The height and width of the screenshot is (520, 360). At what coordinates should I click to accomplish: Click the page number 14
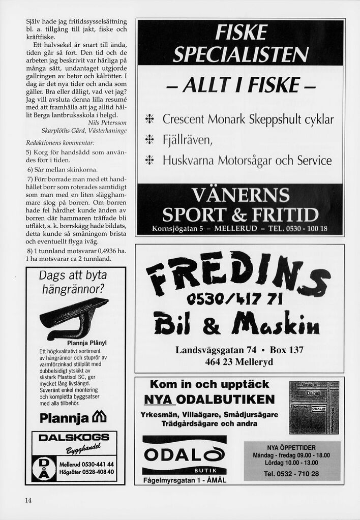coord(28,500)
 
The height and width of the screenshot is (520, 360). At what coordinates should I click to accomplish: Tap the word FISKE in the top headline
coord(241,33)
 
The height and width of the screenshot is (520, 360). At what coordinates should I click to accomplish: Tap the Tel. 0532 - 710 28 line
coord(291,474)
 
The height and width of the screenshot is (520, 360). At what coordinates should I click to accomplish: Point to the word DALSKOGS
coord(74,438)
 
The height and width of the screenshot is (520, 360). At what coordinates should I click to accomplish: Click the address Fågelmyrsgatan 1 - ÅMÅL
coord(185,480)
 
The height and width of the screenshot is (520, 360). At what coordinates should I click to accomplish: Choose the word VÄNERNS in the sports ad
coord(240,194)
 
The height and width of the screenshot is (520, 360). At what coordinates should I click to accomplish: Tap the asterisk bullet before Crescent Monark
coord(150,120)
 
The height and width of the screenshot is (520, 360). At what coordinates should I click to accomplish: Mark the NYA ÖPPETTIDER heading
coord(291,447)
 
